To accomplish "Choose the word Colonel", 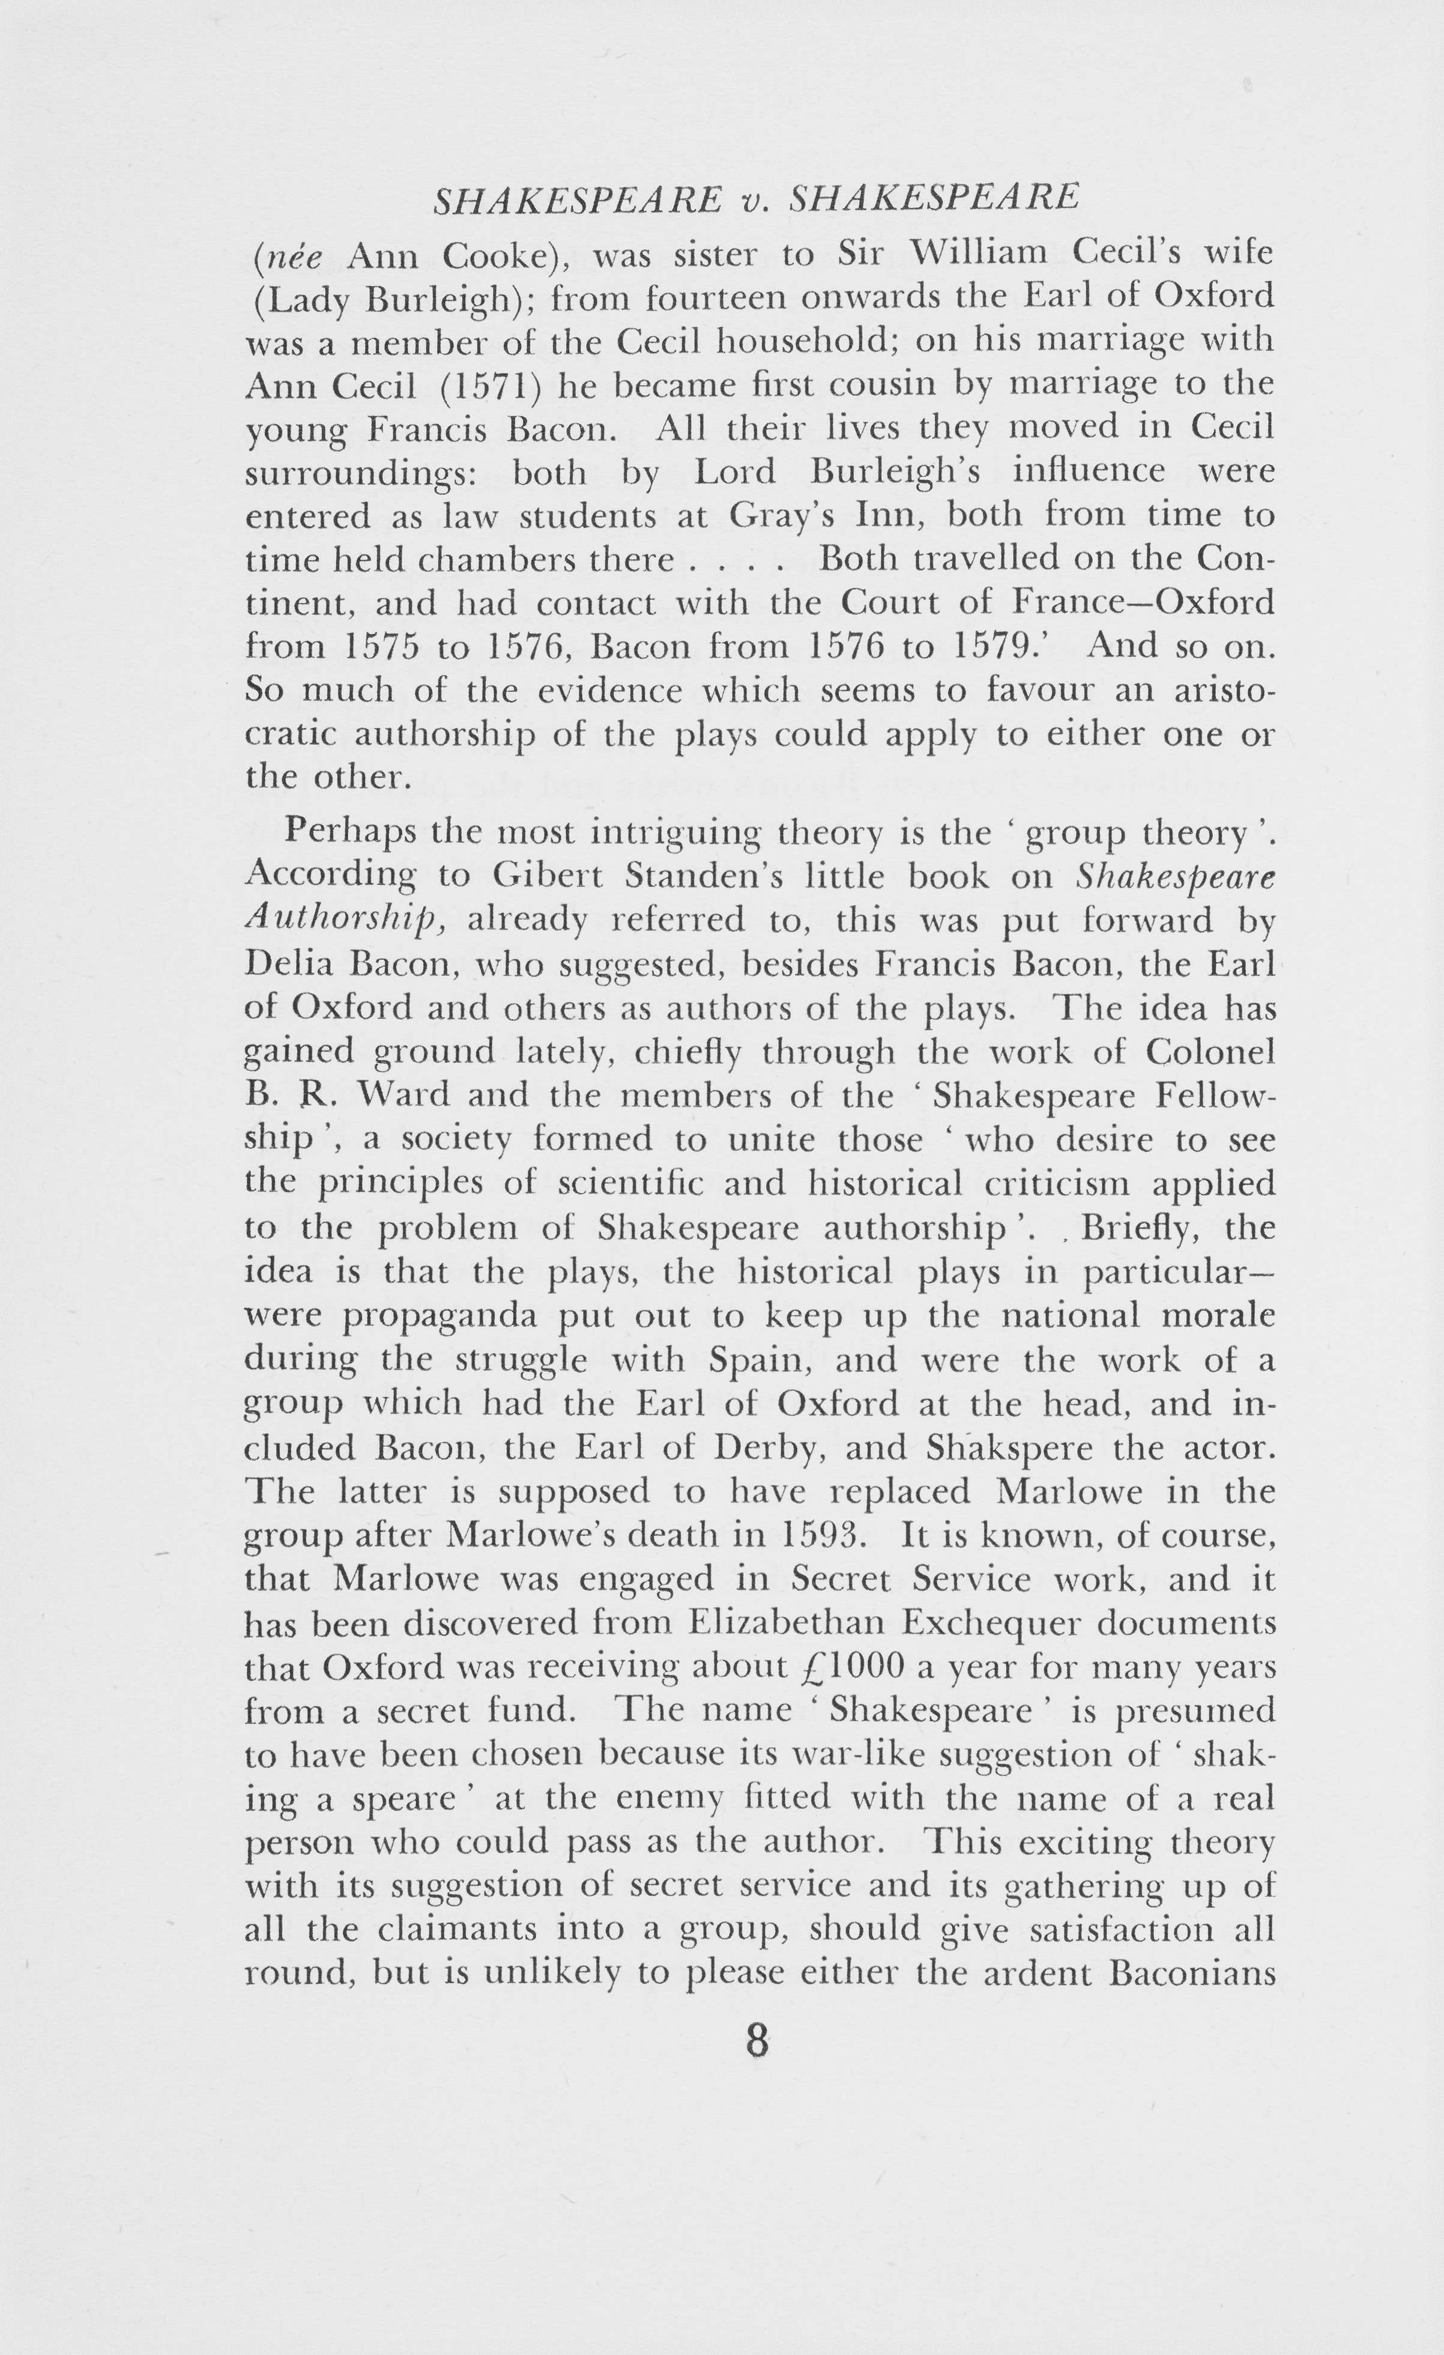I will (1210, 1051).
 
